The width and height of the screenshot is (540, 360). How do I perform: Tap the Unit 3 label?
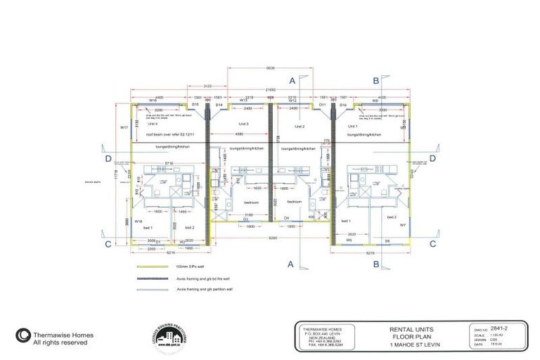[x=243, y=124]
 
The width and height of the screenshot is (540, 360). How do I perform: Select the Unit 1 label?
[x=352, y=124]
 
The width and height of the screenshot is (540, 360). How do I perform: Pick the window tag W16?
[x=153, y=101]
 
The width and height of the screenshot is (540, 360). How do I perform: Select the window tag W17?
[x=124, y=127]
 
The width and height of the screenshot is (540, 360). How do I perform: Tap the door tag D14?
[x=219, y=105]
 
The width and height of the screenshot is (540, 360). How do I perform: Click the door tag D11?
[x=322, y=105]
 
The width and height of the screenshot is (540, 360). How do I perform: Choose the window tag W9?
[x=375, y=101]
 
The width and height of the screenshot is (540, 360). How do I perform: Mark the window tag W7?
[x=403, y=226]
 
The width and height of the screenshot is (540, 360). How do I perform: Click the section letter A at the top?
[x=291, y=81]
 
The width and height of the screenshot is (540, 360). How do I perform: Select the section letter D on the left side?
[x=108, y=159]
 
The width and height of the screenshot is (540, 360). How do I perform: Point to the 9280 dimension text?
[x=271, y=239]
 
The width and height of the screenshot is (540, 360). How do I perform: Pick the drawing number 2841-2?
[x=502, y=328]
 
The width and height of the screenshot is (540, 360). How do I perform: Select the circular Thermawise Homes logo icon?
[x=22, y=335]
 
